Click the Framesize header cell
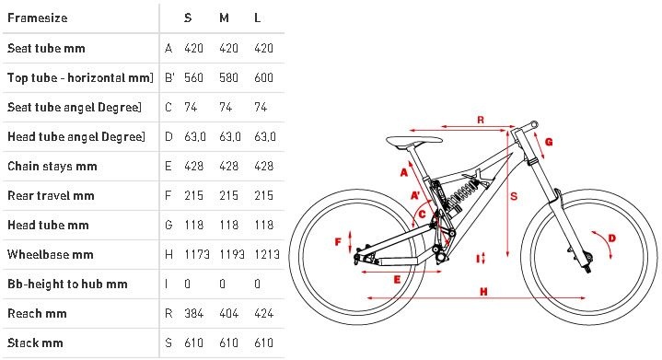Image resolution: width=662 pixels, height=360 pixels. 37,18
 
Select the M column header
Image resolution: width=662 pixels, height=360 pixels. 224,18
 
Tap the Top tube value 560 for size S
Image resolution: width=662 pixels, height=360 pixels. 193,77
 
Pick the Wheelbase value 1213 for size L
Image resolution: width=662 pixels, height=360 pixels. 266,254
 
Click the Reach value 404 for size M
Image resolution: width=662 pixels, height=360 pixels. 228,314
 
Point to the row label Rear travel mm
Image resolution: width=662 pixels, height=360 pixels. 51,196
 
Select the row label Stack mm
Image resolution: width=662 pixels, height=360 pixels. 35,343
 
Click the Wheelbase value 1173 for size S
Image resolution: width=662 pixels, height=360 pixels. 197,254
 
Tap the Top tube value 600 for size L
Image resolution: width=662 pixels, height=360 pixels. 263,77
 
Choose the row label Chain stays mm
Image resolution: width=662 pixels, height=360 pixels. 52,167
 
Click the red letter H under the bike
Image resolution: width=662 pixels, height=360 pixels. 483,291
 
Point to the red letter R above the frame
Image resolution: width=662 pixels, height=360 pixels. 481,120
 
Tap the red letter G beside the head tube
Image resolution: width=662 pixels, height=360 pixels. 549,142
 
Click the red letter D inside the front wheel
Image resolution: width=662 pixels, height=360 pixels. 611,238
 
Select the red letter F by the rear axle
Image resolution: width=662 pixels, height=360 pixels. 338,242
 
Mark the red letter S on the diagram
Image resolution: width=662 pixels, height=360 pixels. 514,196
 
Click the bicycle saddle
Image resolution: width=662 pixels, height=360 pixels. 413,141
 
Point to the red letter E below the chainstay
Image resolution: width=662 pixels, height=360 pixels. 397,279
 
